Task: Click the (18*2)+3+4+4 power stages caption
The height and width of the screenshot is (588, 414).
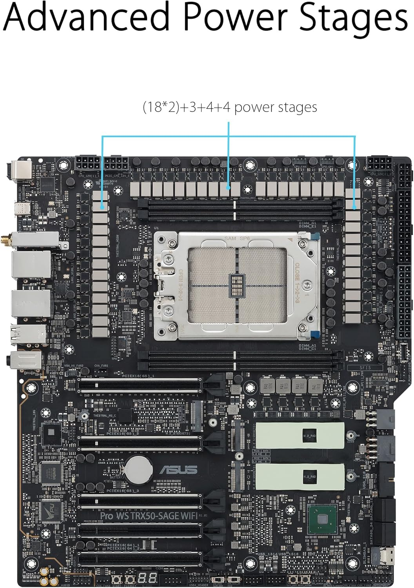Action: tap(230, 107)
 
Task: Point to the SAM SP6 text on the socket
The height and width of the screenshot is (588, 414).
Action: tap(237, 238)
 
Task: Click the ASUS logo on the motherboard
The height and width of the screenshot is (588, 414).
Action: tap(178, 469)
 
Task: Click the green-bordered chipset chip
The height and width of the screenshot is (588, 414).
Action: tap(323, 519)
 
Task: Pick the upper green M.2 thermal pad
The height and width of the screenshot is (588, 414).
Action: tap(300, 435)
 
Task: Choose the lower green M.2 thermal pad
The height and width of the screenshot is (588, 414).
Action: tap(300, 477)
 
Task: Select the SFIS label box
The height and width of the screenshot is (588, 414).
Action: tap(365, 368)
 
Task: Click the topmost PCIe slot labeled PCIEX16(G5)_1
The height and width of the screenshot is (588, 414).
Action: tap(139, 385)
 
